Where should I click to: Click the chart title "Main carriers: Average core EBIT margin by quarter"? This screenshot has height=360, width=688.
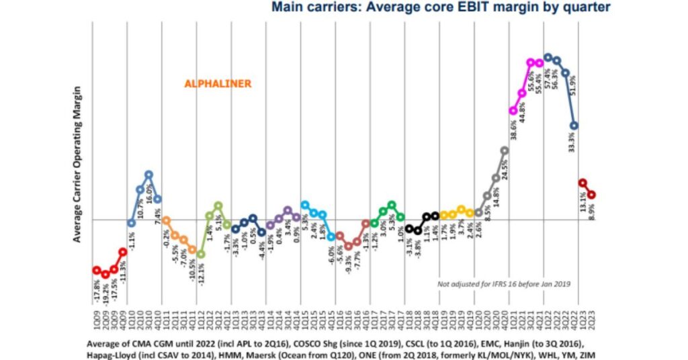click(441, 8)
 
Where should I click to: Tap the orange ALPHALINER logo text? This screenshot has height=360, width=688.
click(218, 84)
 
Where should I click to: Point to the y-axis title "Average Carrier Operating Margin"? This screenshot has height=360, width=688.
click(78, 164)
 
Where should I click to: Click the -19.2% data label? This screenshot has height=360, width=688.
click(105, 292)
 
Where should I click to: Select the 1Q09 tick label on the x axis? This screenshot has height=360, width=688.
click(97, 320)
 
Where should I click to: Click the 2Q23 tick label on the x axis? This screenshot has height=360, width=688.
click(592, 320)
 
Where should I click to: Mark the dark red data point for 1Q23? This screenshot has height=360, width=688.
click(583, 183)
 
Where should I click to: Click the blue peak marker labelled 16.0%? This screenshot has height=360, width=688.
click(148, 175)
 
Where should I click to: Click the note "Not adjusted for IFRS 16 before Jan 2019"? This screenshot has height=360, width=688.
click(504, 284)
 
